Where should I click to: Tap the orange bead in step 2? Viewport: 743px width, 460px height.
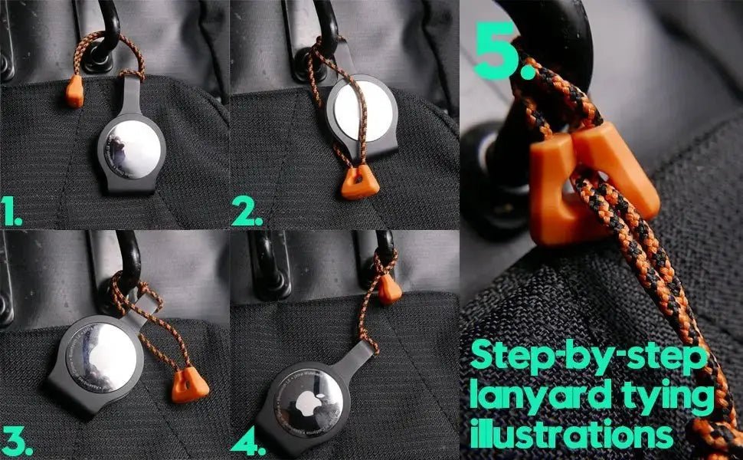[x=355, y=182]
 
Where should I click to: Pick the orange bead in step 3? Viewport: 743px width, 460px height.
[x=190, y=385]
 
